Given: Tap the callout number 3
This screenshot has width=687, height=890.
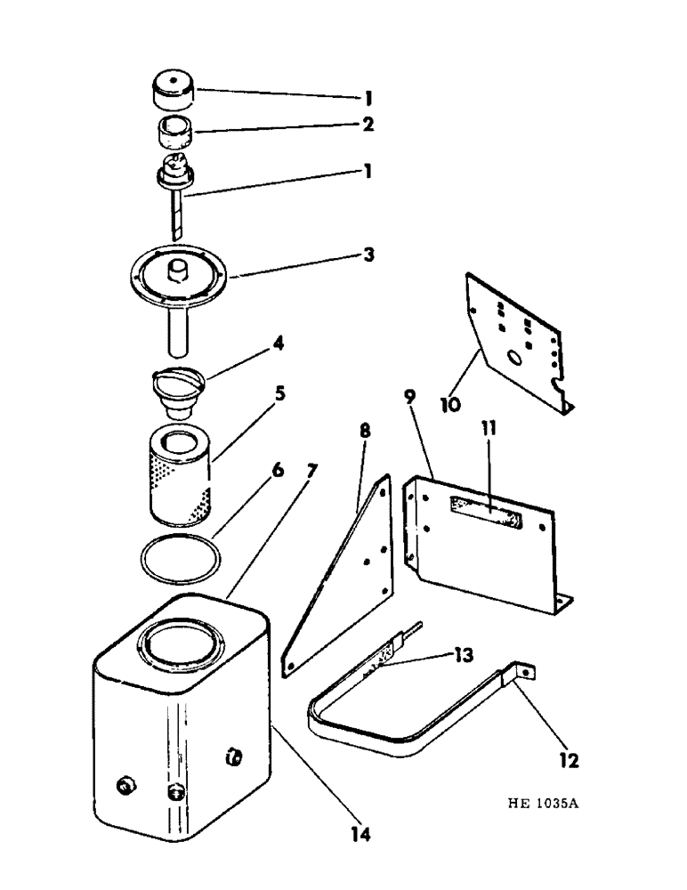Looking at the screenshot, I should click(368, 255).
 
